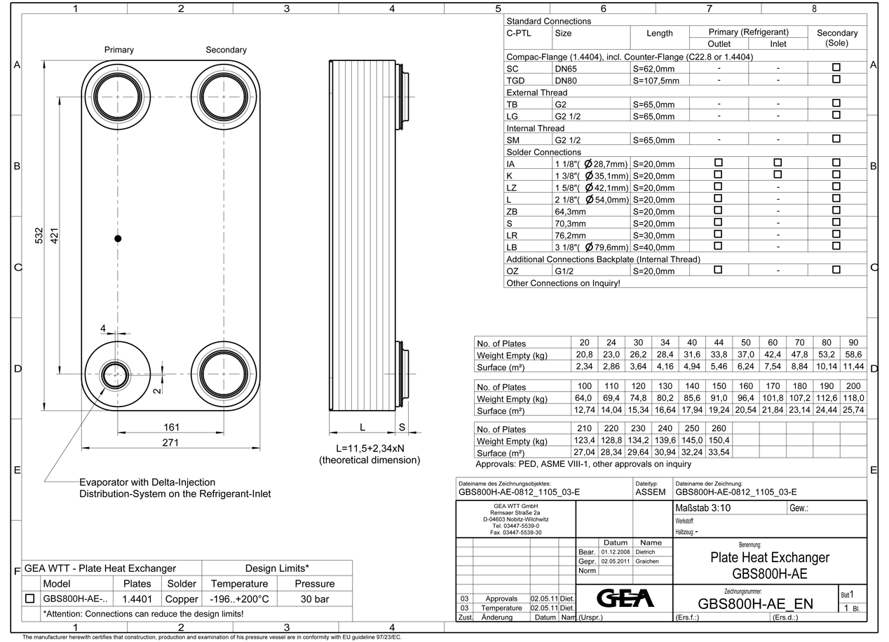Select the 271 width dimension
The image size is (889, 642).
tap(170, 442)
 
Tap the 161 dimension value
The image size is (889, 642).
tap(171, 427)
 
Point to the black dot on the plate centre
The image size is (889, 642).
tap(118, 239)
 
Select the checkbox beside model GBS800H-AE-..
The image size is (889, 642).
tap(29, 599)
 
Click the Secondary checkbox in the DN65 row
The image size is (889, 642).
tap(836, 67)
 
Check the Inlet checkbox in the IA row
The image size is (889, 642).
tap(778, 163)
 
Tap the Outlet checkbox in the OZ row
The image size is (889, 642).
tap(718, 269)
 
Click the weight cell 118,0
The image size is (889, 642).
tap(853, 398)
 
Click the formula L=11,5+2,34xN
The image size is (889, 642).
tap(369, 447)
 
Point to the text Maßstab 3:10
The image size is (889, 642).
tap(703, 507)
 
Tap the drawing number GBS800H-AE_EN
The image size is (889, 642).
tap(755, 603)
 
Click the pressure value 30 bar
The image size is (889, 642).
tap(315, 599)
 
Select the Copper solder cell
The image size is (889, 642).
tap(182, 599)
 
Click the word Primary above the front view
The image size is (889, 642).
tap(118, 50)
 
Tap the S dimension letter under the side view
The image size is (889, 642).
tap(402, 427)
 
